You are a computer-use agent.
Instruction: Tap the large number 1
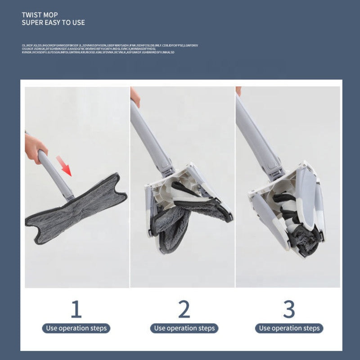(76, 310)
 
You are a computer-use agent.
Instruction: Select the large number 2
(184, 310)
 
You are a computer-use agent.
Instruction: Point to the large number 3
(289, 310)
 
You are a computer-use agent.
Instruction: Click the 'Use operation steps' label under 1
(76, 328)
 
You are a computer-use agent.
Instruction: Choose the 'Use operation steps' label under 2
(184, 328)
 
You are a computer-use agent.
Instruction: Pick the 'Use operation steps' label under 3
(289, 328)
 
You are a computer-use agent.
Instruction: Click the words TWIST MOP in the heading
(40, 14)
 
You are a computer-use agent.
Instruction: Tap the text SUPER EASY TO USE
(53, 22)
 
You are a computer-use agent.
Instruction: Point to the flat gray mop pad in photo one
(74, 209)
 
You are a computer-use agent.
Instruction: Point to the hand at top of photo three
(238, 91)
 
